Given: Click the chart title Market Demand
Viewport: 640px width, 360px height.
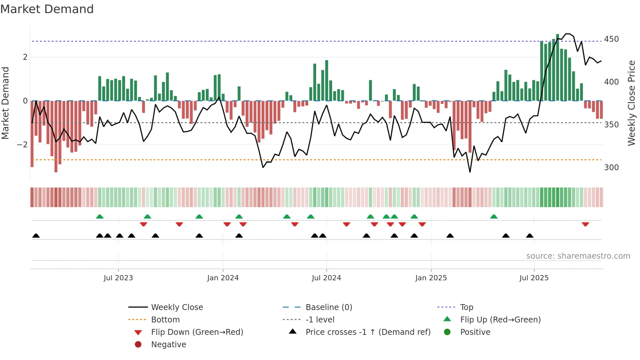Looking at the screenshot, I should [47, 9].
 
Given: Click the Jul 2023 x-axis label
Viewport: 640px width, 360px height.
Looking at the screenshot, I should [118, 278].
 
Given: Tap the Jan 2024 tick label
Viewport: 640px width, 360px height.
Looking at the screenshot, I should [223, 278].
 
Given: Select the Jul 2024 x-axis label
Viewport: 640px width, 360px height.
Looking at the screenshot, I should [326, 278].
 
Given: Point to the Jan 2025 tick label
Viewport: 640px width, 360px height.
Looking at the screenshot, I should [431, 278].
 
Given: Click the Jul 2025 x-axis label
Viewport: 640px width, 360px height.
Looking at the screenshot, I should [534, 278].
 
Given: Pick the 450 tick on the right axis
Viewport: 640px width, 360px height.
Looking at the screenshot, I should [611, 39].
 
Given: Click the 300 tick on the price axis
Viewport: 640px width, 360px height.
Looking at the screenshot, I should [611, 168].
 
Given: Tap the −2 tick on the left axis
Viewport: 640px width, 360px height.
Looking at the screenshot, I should [22, 144].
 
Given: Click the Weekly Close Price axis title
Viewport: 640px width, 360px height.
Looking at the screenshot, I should [632, 103].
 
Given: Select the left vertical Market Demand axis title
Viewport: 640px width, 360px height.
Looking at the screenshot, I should [5, 103].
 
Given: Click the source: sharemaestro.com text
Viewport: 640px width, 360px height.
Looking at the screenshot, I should [578, 256].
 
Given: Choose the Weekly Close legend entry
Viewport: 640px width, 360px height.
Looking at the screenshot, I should [177, 307].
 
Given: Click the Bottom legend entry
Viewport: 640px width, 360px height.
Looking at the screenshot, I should [165, 320].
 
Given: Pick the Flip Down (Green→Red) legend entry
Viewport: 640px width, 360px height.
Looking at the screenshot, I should [197, 332].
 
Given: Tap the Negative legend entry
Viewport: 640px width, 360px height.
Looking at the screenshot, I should [168, 345].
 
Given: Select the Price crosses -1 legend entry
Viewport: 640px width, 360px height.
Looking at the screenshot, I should [368, 332].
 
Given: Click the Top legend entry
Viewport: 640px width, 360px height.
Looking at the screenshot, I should [466, 307].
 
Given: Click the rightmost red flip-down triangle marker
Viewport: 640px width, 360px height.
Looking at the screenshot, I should [585, 224].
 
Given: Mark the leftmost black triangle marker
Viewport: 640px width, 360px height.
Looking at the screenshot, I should [36, 236].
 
